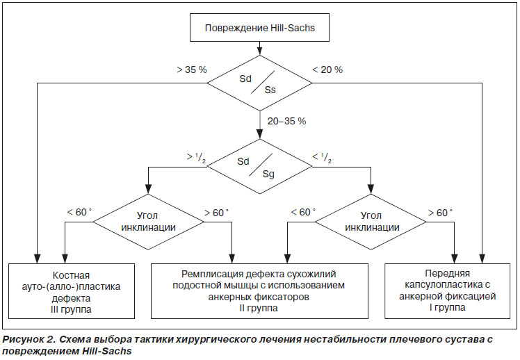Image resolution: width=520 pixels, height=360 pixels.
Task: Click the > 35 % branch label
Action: click(192, 69)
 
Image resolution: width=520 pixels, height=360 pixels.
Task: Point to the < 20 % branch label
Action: click(327, 69)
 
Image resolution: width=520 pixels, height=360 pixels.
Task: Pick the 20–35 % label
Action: click(286, 121)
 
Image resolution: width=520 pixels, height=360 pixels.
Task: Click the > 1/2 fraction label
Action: click(196, 158)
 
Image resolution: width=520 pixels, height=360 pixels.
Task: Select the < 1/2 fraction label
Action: click(322, 158)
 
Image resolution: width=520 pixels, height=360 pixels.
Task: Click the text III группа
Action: click(72, 309)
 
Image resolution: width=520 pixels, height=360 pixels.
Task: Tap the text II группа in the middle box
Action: click(259, 308)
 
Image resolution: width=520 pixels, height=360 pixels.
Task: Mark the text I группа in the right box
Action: click(448, 307)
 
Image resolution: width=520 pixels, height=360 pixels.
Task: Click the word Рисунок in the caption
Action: click(23, 339)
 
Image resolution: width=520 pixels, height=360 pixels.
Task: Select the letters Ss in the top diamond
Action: click(270, 90)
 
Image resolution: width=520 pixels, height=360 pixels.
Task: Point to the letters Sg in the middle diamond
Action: click(268, 174)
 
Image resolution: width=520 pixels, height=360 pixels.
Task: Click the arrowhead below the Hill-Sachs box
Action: click(260, 51)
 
